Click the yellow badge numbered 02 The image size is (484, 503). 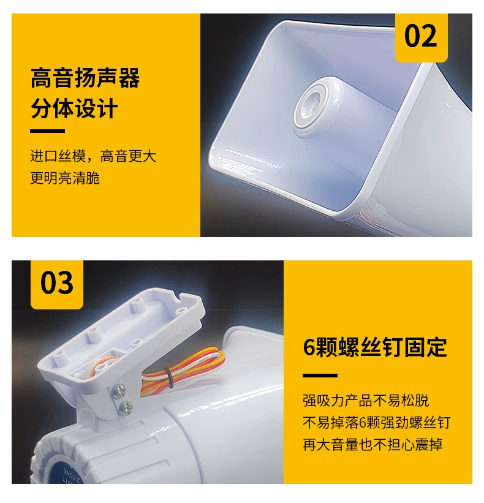[x=421, y=37]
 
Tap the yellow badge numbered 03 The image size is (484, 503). [x=57, y=284]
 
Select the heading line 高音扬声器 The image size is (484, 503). [x=85, y=78]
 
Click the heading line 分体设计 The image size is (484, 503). [x=74, y=109]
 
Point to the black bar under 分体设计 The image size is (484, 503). [x=47, y=131]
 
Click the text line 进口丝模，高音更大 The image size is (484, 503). [x=93, y=156]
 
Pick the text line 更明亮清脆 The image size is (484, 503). [x=65, y=178]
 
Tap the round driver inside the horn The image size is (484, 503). [x=313, y=102]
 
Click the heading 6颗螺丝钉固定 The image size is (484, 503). [x=375, y=347]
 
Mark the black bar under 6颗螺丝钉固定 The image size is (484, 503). [x=320, y=376]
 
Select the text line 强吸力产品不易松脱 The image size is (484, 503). [x=366, y=401]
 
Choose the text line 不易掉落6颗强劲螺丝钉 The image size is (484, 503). [x=377, y=422]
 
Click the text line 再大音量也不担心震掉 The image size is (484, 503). [x=372, y=444]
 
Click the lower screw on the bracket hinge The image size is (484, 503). [x=126, y=406]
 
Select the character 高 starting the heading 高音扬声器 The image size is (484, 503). [x=41, y=78]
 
